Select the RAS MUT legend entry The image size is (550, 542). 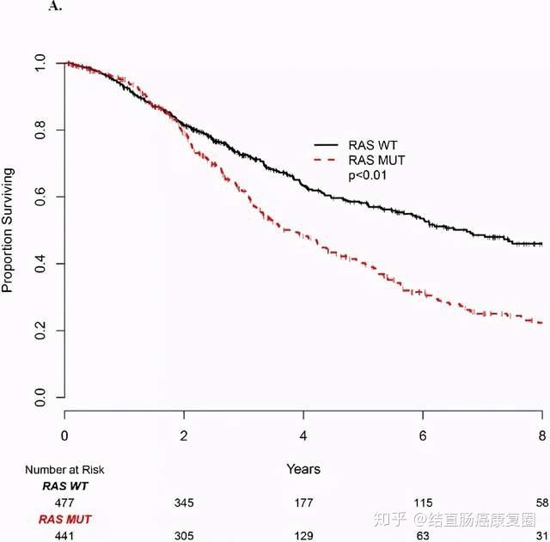(377, 161)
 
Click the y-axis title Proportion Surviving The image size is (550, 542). (8, 231)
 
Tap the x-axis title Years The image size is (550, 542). (303, 469)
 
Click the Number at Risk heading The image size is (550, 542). (64, 470)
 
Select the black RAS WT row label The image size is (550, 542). (64, 486)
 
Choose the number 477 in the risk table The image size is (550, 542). (64, 502)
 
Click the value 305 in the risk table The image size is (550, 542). (184, 534)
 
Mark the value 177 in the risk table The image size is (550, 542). (302, 502)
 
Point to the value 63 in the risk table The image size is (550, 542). (422, 534)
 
